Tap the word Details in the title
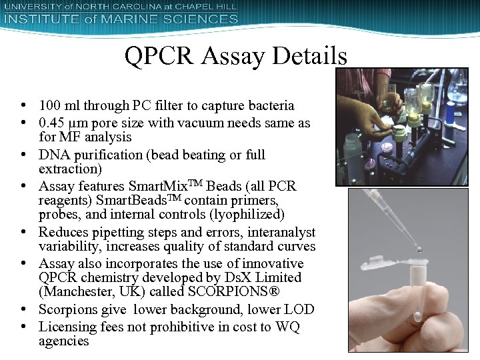(x=310, y=56)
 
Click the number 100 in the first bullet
(x=49, y=105)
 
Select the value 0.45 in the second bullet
(x=51, y=123)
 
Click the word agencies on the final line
(x=64, y=341)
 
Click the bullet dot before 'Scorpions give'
(x=23, y=310)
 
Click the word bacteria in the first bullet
(x=272, y=105)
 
